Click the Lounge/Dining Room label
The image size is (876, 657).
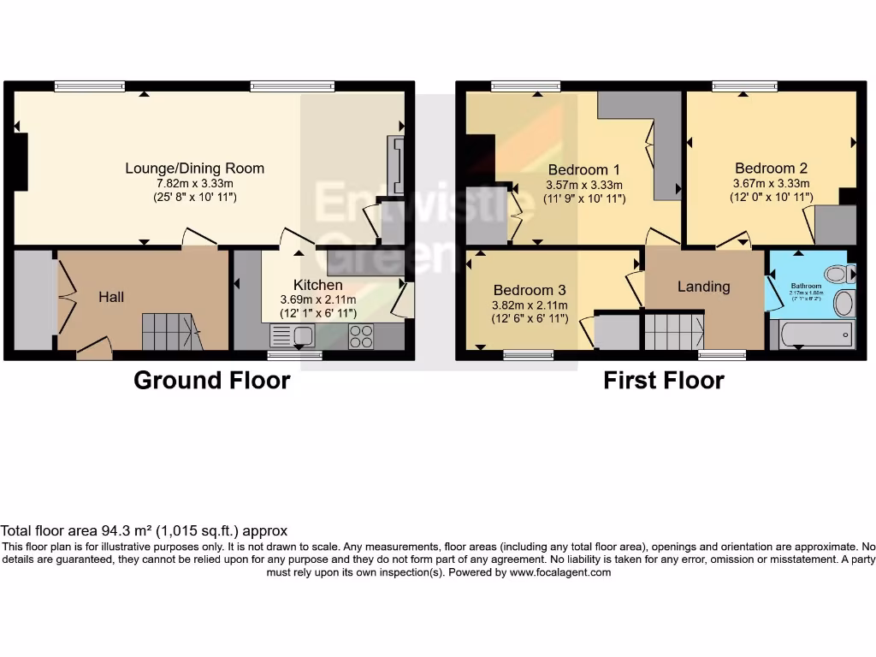coord(194,169)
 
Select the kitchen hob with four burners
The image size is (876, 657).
coord(360,336)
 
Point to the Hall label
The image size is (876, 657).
coord(111,297)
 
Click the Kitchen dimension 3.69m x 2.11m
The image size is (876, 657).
coord(318,300)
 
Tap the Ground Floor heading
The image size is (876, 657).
coord(211,381)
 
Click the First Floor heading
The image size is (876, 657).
coord(664,381)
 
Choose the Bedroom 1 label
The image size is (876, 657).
coord(584,169)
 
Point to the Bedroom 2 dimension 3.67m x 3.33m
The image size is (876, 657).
coord(771,184)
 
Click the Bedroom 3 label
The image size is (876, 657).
coord(529,290)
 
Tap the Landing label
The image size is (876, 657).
coord(704,287)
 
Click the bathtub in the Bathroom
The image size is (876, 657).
coord(812,334)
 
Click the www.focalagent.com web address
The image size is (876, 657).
coord(560,572)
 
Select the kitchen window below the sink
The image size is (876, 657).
coord(294,355)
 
